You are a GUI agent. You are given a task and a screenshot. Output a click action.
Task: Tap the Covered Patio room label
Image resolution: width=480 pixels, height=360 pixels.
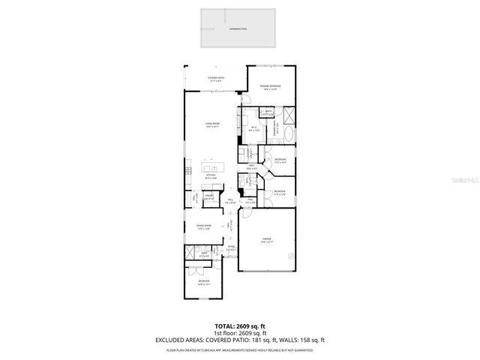pos(216,78)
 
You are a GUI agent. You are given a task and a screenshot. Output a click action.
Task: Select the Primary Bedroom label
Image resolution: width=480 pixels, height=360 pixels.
pos(271,88)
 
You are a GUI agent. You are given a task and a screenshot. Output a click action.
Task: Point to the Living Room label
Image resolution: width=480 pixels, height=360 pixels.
pos(213,125)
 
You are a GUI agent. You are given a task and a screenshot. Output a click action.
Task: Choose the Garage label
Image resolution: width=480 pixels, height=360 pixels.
pos(266,241)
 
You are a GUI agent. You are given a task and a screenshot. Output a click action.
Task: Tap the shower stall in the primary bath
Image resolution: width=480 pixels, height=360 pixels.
pos(289,115)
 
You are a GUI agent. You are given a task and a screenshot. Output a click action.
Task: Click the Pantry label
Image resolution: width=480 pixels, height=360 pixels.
pos(210,197)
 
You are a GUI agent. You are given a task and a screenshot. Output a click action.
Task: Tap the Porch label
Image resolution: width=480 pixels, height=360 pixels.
pos(231,248)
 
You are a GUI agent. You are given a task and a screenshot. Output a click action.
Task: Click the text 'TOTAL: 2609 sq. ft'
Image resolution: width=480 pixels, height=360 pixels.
pos(240,326)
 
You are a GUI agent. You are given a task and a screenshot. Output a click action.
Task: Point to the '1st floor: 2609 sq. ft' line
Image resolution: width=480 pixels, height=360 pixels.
pos(240,332)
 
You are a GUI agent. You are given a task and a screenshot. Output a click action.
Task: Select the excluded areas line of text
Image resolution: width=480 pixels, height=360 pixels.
pos(240,340)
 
